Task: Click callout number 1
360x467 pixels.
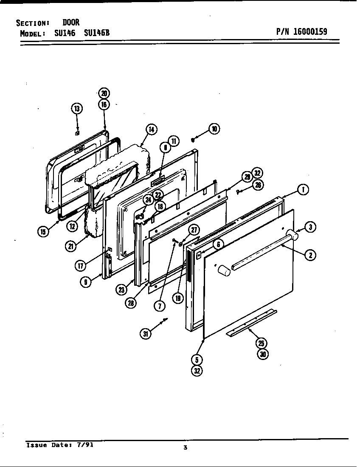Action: [x=303, y=190]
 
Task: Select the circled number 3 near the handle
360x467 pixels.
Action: [x=311, y=227]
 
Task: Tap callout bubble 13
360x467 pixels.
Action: [x=77, y=109]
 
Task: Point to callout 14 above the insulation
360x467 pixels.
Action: [x=150, y=129]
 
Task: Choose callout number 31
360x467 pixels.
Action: [x=146, y=334]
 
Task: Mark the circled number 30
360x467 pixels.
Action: [x=263, y=354]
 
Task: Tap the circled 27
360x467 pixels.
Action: [x=194, y=230]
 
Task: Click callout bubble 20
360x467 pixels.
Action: [x=104, y=93]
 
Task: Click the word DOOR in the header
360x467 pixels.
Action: [x=71, y=23]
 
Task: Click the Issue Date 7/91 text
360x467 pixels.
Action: [x=59, y=445]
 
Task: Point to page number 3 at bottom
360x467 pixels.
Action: [x=185, y=447]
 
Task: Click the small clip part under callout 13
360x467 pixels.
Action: [x=77, y=133]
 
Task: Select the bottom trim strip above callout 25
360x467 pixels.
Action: [x=251, y=322]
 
